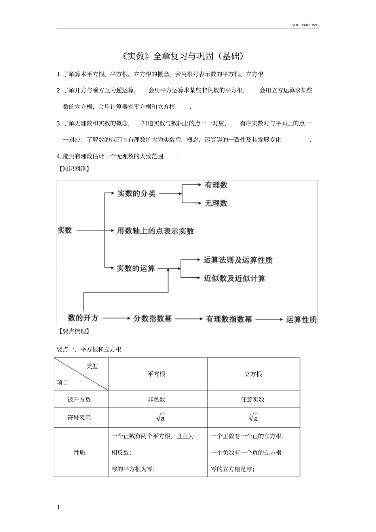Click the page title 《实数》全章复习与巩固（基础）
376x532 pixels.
184,56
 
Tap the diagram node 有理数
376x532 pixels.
216,185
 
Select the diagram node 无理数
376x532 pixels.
216,203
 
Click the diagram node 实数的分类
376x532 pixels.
136,193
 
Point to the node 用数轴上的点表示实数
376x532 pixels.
155,231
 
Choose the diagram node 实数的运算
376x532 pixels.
136,269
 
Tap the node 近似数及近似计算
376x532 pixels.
234,278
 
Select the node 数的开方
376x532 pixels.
83,317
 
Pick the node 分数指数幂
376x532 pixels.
152,318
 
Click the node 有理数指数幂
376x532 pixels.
229,319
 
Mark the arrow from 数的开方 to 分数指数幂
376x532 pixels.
116,318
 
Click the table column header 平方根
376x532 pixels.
157,374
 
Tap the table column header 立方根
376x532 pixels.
253,374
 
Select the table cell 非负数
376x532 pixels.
157,399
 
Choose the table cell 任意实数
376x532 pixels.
253,399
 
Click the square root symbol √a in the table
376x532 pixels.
160,417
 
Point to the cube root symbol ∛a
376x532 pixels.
254,417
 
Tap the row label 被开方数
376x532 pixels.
79,399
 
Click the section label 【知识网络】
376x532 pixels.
73,169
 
